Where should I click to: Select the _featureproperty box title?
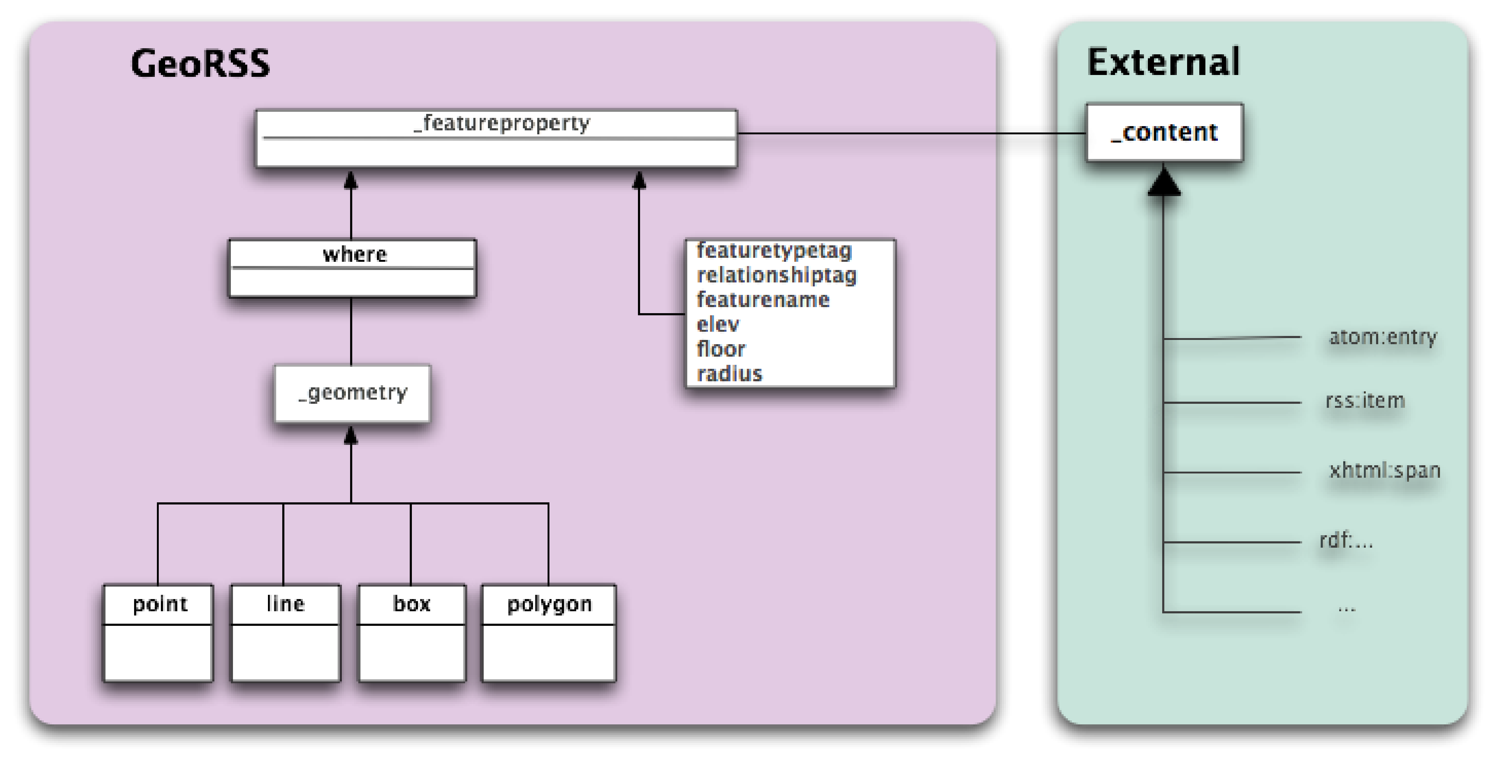point(501,123)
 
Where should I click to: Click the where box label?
point(354,255)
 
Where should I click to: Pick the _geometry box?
point(353,393)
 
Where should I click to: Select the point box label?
point(160,604)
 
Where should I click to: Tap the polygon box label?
point(549,604)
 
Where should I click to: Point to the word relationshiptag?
point(776,275)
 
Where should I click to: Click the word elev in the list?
point(718,324)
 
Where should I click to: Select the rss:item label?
point(1365,400)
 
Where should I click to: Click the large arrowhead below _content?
point(1164,182)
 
